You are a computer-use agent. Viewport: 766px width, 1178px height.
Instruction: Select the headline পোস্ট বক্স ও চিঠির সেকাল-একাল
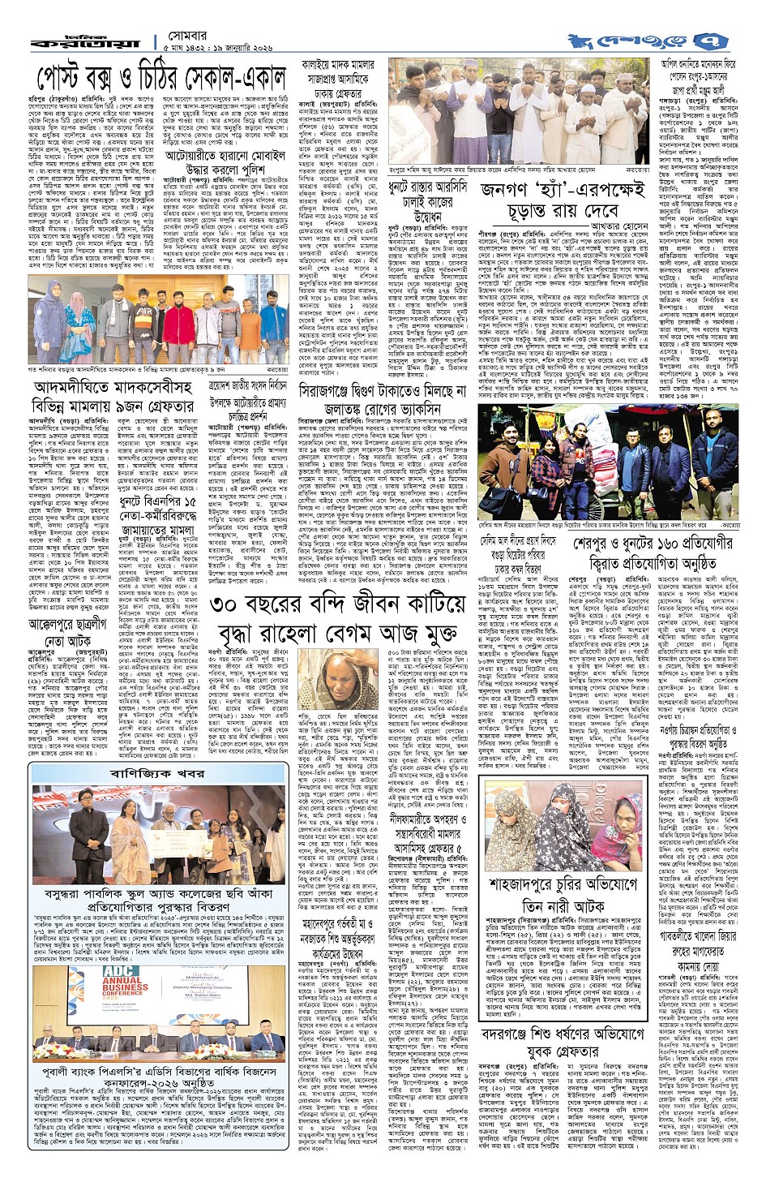coord(161,78)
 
